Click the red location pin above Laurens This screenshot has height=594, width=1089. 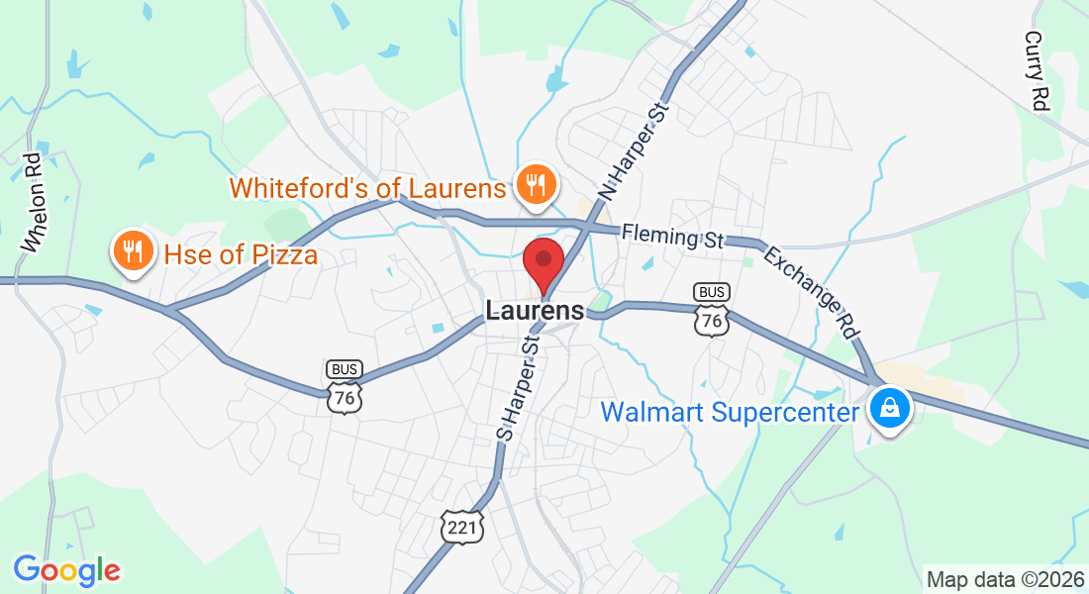544,262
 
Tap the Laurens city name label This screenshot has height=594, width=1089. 535,311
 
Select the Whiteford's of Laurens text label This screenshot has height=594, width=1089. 368,187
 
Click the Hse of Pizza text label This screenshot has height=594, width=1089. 241,255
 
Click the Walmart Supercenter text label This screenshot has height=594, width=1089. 729,411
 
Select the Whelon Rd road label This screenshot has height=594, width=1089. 36,201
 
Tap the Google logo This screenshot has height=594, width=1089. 66,569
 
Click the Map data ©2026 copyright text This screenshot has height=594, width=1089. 1003,579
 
